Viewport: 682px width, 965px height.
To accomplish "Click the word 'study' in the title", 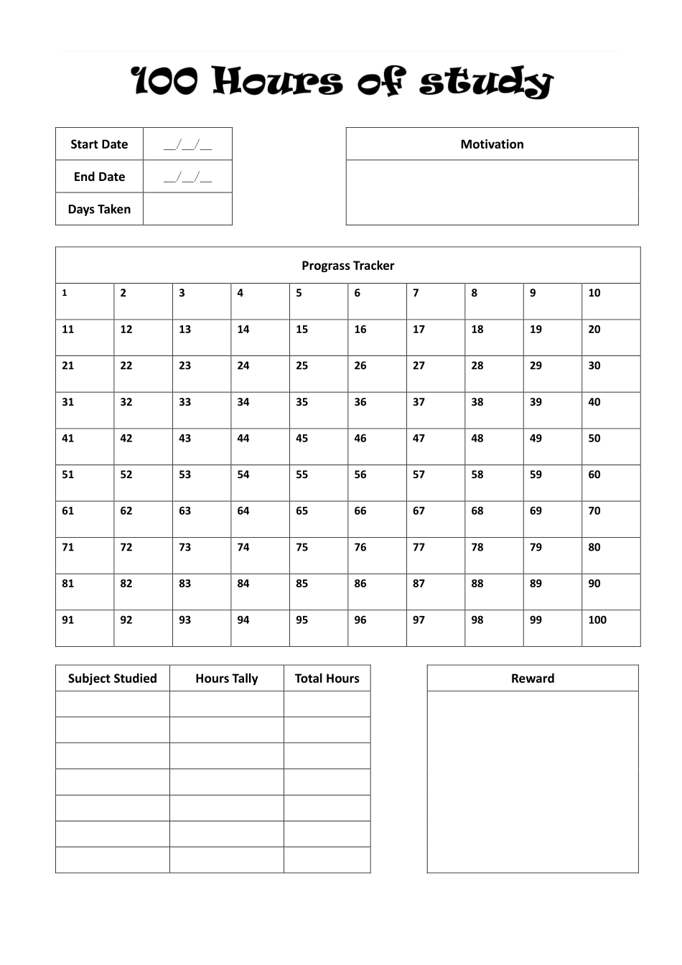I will [486, 82].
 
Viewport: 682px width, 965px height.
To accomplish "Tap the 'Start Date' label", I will [99, 144].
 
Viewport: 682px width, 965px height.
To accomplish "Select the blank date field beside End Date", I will [187, 177].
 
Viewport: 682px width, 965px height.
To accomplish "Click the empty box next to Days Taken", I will [187, 209].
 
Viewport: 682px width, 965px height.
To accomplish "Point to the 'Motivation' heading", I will [492, 144].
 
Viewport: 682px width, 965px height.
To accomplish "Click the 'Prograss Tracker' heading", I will [347, 266].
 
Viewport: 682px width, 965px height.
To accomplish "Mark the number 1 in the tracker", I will [65, 293].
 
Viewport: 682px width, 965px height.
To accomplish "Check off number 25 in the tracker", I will [302, 365].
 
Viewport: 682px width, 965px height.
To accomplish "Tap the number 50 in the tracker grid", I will [594, 438].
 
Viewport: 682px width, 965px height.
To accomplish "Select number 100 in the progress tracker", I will [597, 620].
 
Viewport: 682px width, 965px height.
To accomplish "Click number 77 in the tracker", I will [419, 547].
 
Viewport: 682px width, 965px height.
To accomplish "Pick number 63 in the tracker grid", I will [184, 511].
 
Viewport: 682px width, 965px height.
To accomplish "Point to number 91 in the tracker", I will [67, 620].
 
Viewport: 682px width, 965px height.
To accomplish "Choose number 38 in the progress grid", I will [477, 402].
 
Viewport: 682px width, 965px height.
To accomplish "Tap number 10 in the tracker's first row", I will [594, 293].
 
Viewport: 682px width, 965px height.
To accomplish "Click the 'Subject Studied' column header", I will [112, 679].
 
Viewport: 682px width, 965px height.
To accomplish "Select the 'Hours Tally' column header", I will [226, 679].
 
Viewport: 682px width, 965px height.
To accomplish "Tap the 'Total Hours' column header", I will [327, 679].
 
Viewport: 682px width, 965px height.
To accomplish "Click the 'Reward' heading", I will [532, 679].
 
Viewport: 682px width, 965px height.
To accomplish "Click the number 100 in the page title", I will [165, 82].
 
